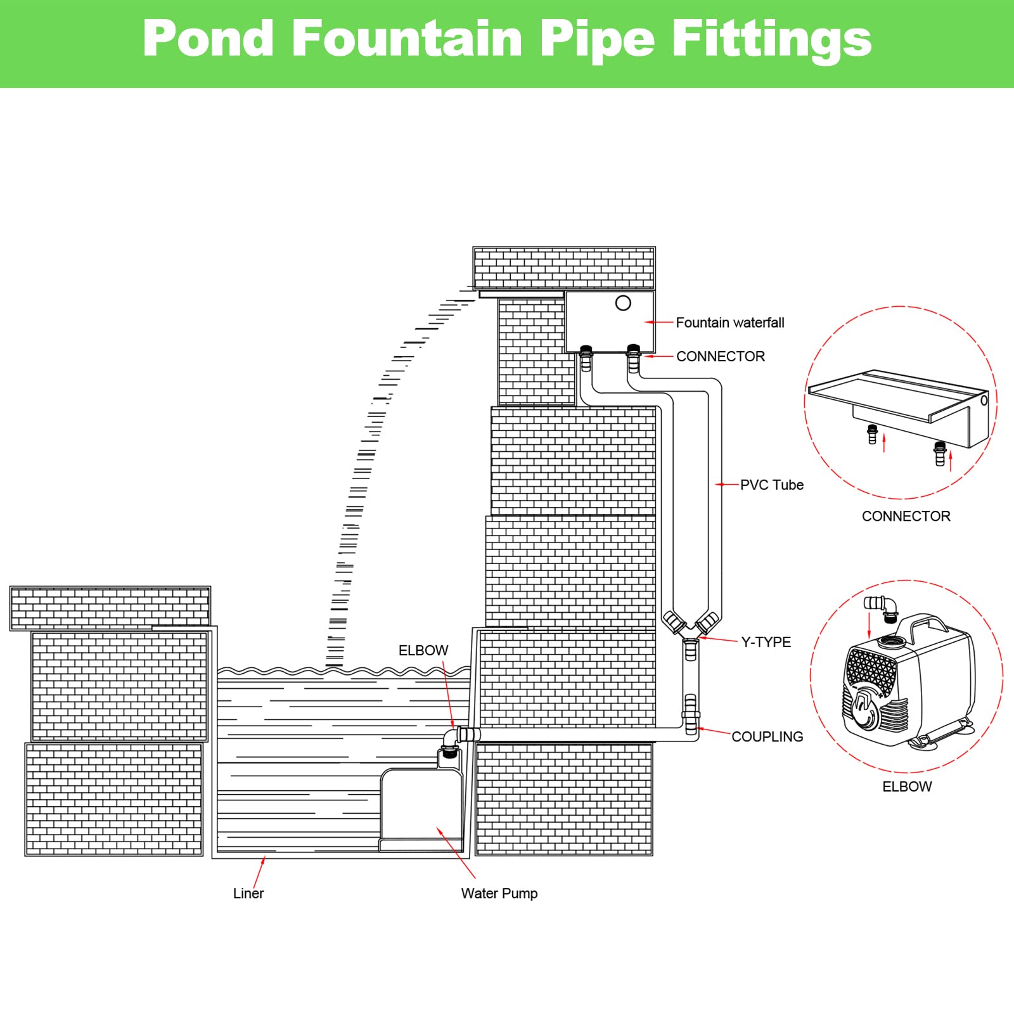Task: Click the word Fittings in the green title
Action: [771, 39]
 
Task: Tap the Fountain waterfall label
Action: [729, 323]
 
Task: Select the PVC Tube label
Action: [771, 485]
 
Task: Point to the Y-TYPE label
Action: [766, 642]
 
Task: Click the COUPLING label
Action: [767, 736]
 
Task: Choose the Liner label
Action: [248, 893]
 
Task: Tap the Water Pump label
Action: [499, 893]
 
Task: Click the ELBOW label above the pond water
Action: [423, 650]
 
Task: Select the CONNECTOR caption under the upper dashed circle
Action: [906, 516]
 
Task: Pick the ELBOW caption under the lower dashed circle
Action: [907, 786]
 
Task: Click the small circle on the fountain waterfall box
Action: [623, 303]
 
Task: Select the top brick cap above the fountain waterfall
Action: [564, 269]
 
